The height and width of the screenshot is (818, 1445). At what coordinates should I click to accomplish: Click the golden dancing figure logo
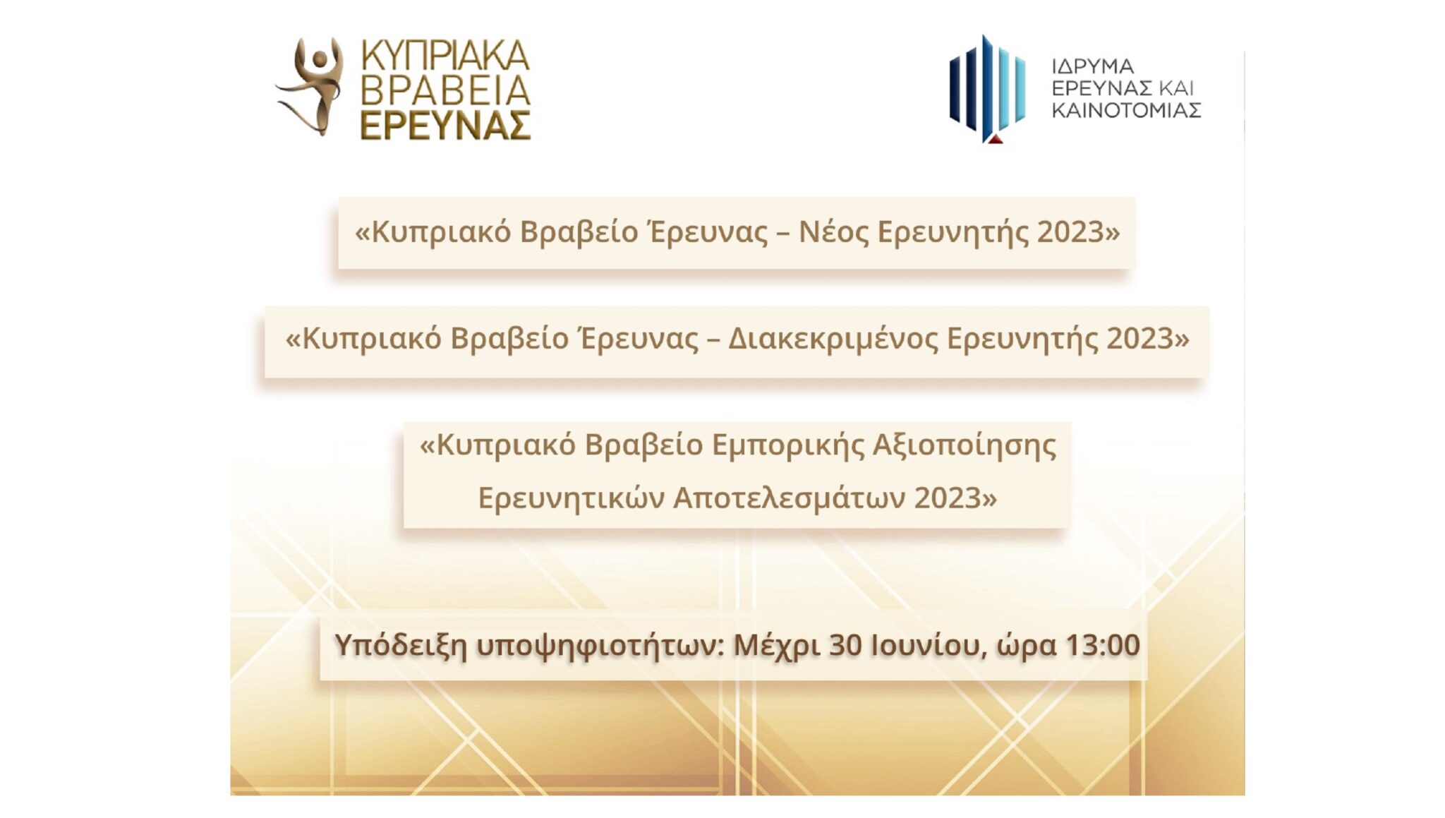[x=311, y=86]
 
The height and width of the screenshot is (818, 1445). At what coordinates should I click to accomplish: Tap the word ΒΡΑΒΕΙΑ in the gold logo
[x=445, y=90]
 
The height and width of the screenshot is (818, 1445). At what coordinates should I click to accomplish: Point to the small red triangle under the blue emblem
[x=994, y=139]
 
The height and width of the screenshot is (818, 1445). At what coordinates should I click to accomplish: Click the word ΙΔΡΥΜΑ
[x=1092, y=66]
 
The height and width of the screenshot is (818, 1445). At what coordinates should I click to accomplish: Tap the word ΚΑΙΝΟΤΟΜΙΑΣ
[x=1126, y=110]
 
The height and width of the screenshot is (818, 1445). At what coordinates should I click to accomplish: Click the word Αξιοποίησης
[x=964, y=445]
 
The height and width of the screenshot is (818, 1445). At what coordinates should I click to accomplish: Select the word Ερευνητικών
[x=571, y=498]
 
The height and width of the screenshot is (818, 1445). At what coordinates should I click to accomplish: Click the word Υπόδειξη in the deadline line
[x=400, y=645]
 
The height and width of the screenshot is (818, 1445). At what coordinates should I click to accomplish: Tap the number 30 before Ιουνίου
[x=845, y=645]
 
